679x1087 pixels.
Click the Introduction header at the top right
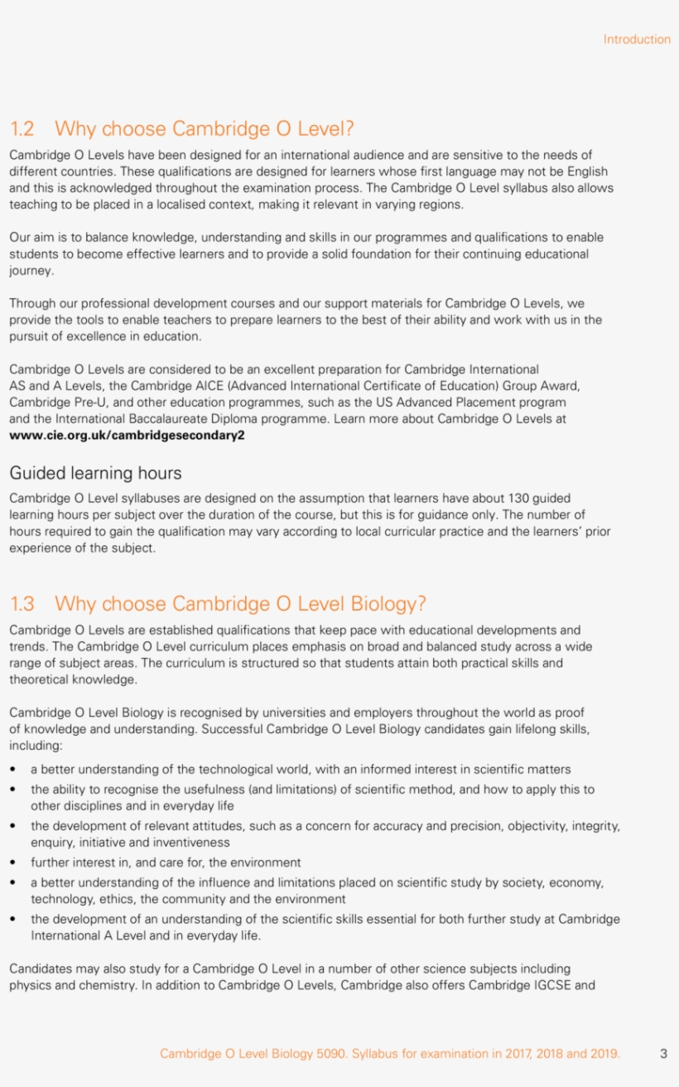[636, 39]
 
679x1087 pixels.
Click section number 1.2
[22, 129]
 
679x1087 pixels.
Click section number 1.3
[22, 604]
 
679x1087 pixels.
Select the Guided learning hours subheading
[95, 473]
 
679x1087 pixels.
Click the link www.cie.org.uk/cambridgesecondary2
[127, 435]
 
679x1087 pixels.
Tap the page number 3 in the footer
[663, 1054]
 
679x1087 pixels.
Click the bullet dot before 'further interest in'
[12, 862]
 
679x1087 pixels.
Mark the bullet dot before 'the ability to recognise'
[12, 790]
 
